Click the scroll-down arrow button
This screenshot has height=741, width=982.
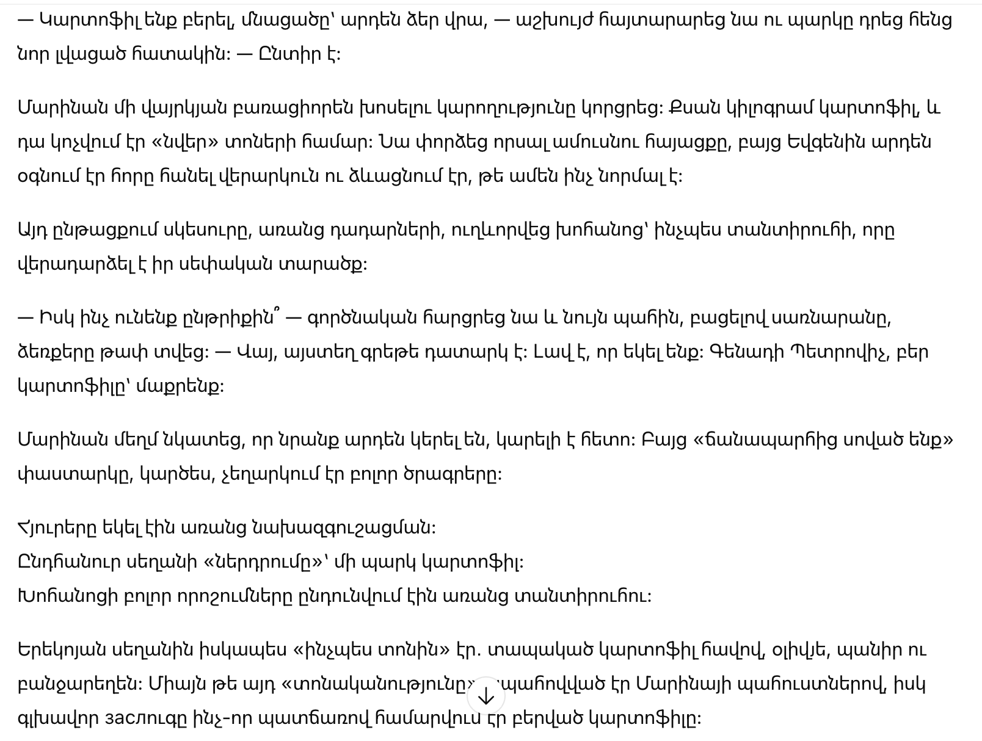[486, 696]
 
